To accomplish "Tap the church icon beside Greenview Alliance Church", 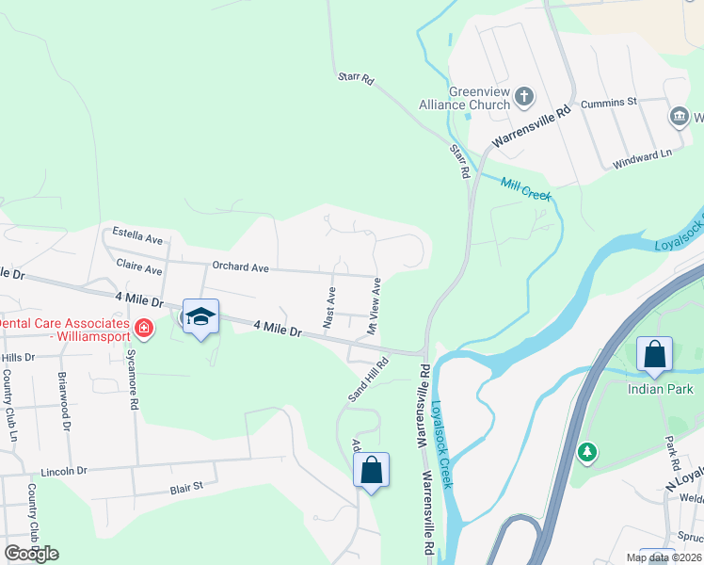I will (525, 96).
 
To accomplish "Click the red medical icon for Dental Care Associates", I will (143, 329).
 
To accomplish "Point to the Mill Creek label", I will (525, 188).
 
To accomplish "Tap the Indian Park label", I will (661, 389).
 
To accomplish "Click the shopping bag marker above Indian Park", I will (654, 354).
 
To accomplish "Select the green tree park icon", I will (588, 453).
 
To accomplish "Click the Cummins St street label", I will (609, 102).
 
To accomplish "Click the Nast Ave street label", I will (329, 307).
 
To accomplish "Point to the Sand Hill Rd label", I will (369, 379).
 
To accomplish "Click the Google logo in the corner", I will (31, 554).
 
